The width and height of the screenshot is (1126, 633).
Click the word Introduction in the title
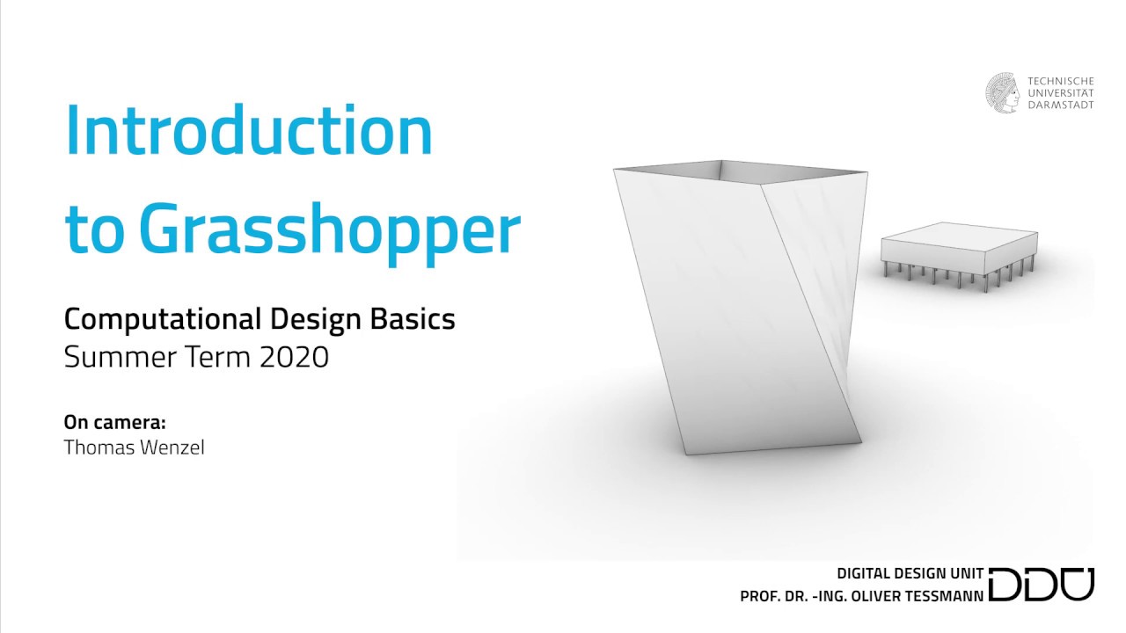249,130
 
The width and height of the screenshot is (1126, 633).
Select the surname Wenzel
172,447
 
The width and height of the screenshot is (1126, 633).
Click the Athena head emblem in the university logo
1004,91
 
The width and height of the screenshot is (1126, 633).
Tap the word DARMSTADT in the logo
1062,105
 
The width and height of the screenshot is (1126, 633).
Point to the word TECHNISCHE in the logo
1061,81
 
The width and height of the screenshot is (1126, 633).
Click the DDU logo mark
1042,585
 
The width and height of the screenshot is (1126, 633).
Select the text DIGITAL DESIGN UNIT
910,574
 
